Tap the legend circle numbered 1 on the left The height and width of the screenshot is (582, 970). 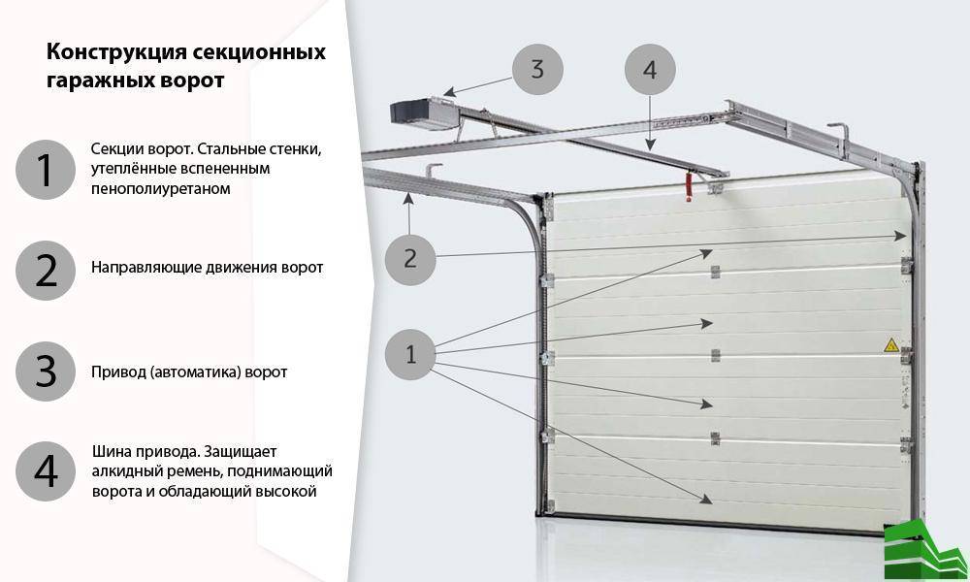tap(46, 170)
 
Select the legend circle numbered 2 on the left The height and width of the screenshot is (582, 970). tap(46, 271)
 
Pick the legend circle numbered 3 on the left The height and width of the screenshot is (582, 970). tap(46, 372)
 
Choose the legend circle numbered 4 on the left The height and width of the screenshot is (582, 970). tap(46, 471)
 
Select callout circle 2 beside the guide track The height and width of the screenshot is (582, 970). tap(409, 258)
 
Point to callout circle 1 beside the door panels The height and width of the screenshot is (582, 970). tap(411, 354)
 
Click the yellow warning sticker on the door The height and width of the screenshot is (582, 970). tap(889, 344)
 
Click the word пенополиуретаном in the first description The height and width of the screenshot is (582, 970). tap(161, 188)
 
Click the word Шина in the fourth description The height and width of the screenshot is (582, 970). tap(111, 451)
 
